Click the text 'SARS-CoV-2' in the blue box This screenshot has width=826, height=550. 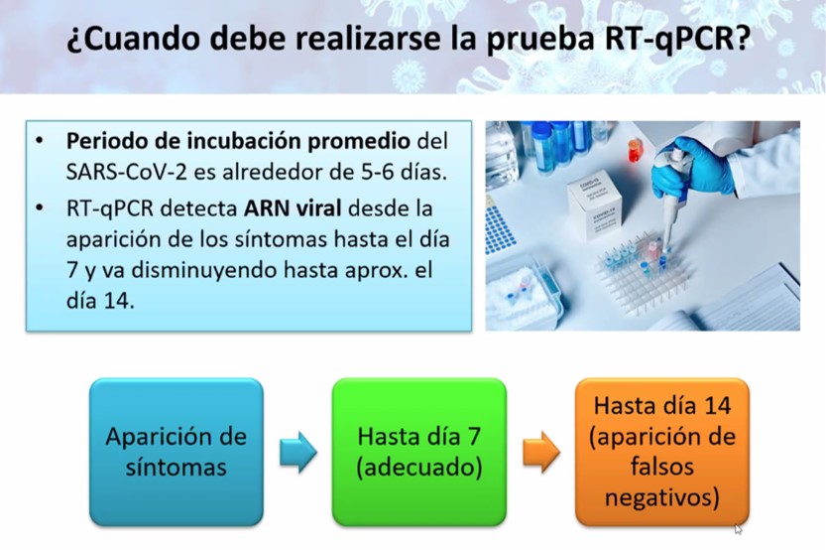[x=127, y=172]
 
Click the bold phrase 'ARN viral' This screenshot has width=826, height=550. [x=293, y=208]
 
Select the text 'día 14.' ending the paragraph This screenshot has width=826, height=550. [x=100, y=301]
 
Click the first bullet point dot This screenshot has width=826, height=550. [x=40, y=141]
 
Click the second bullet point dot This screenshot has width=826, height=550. [x=40, y=208]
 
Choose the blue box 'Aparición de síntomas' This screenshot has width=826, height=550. [x=176, y=452]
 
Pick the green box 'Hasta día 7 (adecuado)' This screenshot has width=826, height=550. [x=419, y=452]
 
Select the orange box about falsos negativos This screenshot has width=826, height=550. [x=662, y=452]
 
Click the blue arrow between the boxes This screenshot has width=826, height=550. [x=298, y=452]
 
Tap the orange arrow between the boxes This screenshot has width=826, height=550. [x=541, y=452]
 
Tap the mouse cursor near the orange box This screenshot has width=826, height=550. [x=738, y=529]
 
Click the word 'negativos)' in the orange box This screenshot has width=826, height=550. [x=662, y=497]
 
